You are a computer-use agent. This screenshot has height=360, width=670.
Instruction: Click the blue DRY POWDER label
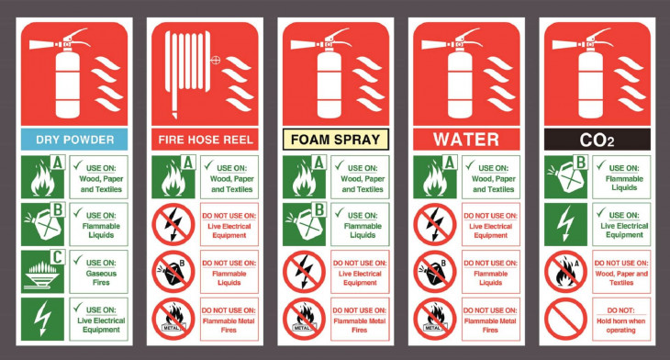click(74, 140)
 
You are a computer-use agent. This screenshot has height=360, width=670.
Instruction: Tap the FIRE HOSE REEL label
click(205, 140)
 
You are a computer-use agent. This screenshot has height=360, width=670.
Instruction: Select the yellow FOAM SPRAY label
click(336, 140)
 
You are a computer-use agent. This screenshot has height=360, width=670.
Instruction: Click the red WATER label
click(466, 140)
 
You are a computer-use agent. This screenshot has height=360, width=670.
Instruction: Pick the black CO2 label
click(597, 140)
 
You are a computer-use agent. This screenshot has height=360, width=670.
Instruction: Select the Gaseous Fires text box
click(99, 272)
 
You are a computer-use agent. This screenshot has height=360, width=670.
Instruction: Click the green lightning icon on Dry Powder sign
click(43, 319)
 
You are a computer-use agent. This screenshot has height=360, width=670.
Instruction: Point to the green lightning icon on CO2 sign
click(565, 224)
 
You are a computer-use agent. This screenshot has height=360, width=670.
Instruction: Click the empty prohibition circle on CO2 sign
click(565, 319)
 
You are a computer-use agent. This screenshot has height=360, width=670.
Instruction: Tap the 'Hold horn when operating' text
click(620, 325)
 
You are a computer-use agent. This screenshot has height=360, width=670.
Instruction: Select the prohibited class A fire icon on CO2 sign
click(565, 272)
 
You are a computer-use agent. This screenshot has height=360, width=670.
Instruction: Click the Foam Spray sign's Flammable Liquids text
click(363, 231)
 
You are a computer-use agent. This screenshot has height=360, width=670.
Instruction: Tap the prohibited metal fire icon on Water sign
click(435, 319)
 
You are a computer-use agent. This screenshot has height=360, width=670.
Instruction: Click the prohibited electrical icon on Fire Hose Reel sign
click(173, 224)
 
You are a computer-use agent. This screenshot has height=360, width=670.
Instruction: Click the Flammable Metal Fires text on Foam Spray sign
click(360, 325)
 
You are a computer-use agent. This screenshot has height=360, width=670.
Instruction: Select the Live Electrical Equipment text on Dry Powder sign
click(101, 325)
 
